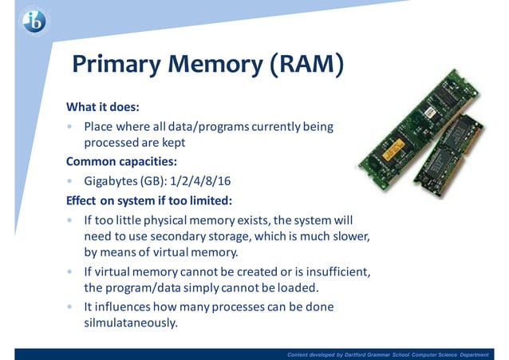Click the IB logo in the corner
coord(34,22)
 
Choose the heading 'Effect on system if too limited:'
coord(148,199)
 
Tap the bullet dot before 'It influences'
coord(70,307)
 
